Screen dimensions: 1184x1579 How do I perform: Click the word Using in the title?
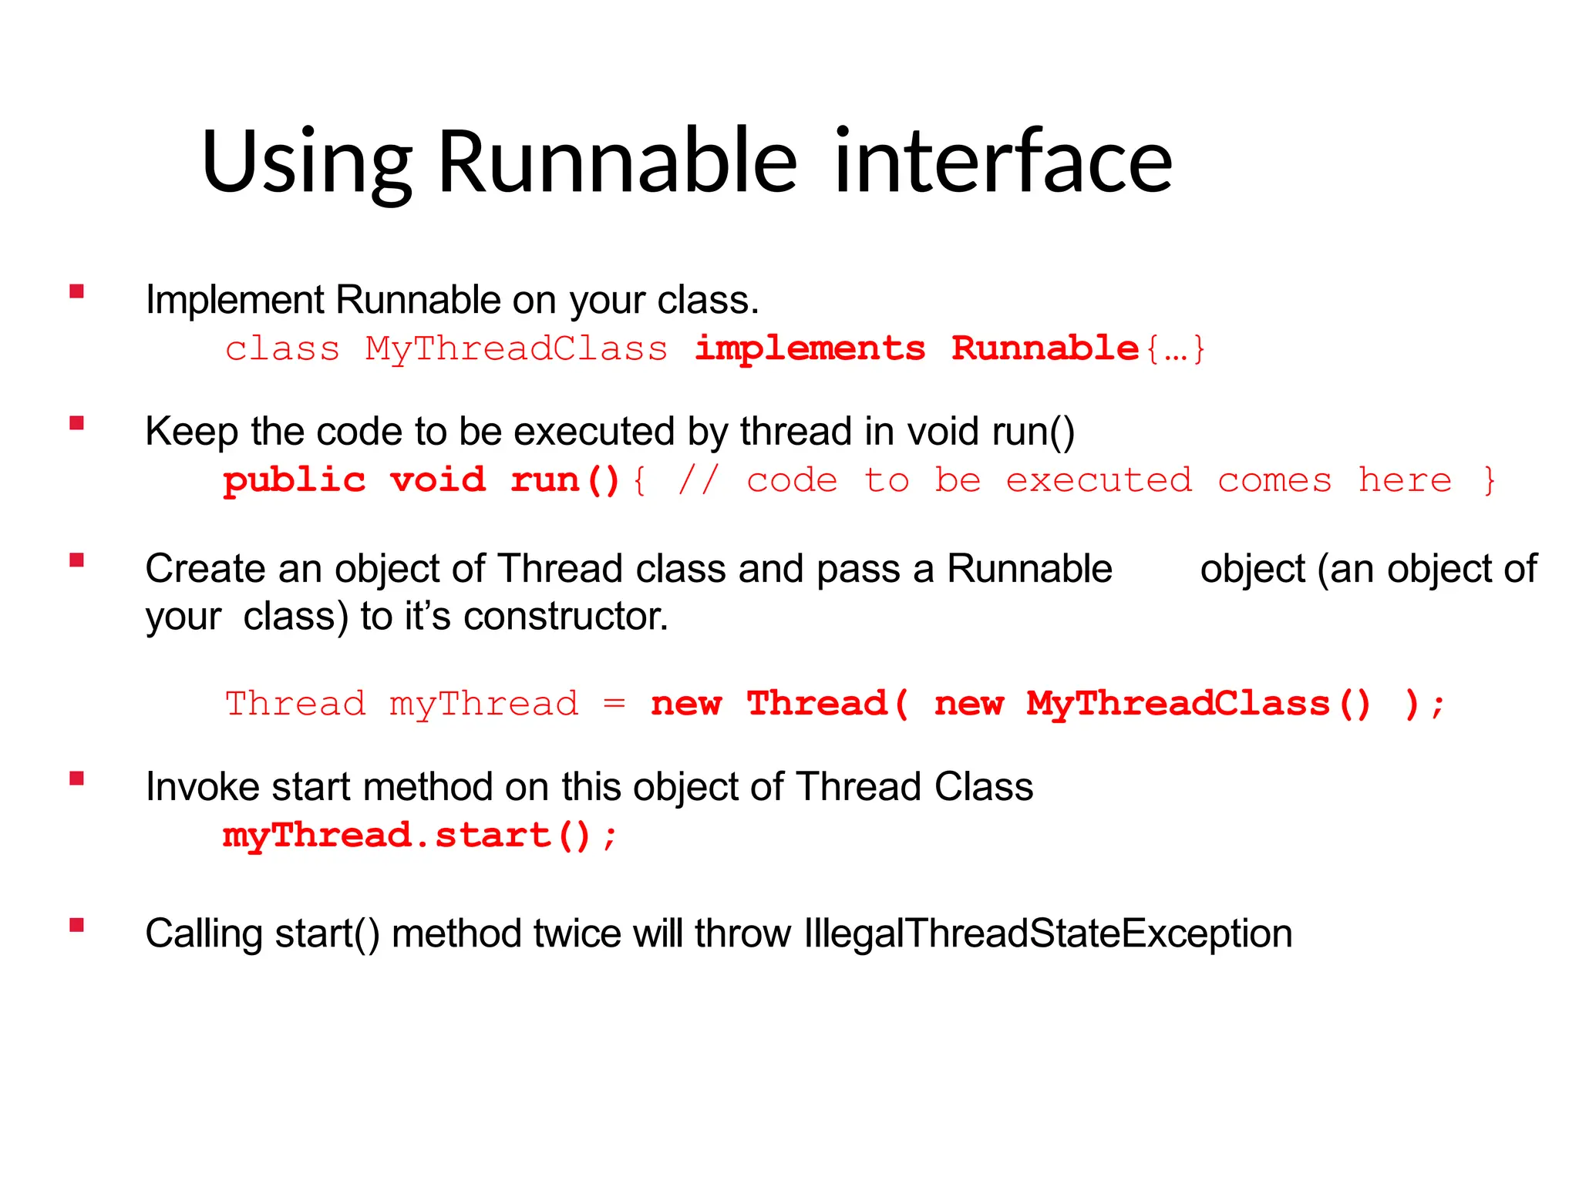click(306, 163)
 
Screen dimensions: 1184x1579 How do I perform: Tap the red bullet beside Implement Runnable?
click(76, 291)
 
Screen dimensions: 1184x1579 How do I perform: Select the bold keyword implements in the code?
click(810, 348)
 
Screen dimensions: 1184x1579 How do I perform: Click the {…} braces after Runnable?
click(1175, 349)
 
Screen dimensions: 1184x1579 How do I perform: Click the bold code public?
click(295, 481)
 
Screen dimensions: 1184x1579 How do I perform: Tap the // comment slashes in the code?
click(699, 480)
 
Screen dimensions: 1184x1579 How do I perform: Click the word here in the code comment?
click(1405, 480)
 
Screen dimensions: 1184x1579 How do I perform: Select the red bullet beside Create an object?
click(76, 560)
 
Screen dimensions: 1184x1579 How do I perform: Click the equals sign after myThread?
click(614, 704)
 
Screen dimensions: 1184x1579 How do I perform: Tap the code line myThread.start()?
click(420, 836)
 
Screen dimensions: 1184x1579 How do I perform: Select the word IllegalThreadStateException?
click(1048, 933)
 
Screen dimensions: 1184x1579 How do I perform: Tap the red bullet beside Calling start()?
click(76, 925)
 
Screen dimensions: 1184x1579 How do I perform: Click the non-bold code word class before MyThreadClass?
click(282, 349)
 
